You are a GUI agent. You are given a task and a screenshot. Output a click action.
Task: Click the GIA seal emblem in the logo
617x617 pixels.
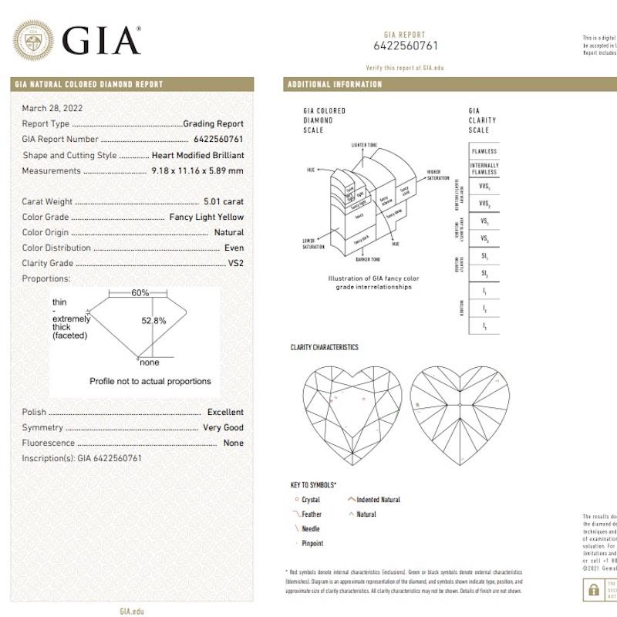[x=34, y=39]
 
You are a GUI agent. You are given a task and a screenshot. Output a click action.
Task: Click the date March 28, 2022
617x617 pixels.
[x=52, y=108]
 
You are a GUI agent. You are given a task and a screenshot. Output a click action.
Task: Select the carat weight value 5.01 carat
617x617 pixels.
[x=224, y=201]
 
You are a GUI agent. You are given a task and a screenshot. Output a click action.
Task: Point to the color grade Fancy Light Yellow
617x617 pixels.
[x=207, y=217]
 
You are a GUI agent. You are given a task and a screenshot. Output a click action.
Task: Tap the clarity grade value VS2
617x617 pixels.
[x=236, y=263]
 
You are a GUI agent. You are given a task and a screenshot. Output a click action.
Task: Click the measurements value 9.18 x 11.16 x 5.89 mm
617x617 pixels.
[x=197, y=170]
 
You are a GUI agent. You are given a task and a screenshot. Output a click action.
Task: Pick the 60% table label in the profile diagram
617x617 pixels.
[x=140, y=293]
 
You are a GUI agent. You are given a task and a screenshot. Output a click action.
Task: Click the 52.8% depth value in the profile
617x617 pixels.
[x=154, y=320]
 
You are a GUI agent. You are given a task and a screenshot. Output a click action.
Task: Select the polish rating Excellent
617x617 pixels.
[x=225, y=412]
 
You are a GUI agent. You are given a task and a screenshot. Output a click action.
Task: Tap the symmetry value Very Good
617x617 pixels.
[x=223, y=427]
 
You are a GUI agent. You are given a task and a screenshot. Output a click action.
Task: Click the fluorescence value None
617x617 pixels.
[x=233, y=443]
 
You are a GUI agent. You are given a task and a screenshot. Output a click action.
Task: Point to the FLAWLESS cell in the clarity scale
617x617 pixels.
[x=484, y=151]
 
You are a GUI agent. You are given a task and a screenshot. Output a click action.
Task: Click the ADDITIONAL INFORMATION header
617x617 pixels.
[x=335, y=84]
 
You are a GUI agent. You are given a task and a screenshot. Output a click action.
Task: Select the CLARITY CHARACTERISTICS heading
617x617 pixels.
[x=324, y=347]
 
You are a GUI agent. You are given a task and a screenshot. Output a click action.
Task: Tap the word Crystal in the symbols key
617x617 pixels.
[x=310, y=500]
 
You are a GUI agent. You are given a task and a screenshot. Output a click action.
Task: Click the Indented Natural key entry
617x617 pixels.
[x=379, y=500]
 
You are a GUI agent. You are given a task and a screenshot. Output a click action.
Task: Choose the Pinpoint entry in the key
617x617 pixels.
[x=312, y=544]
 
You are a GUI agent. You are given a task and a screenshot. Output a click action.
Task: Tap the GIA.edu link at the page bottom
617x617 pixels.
[x=132, y=611]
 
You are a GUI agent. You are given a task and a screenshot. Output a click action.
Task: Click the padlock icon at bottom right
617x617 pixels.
[x=593, y=590]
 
